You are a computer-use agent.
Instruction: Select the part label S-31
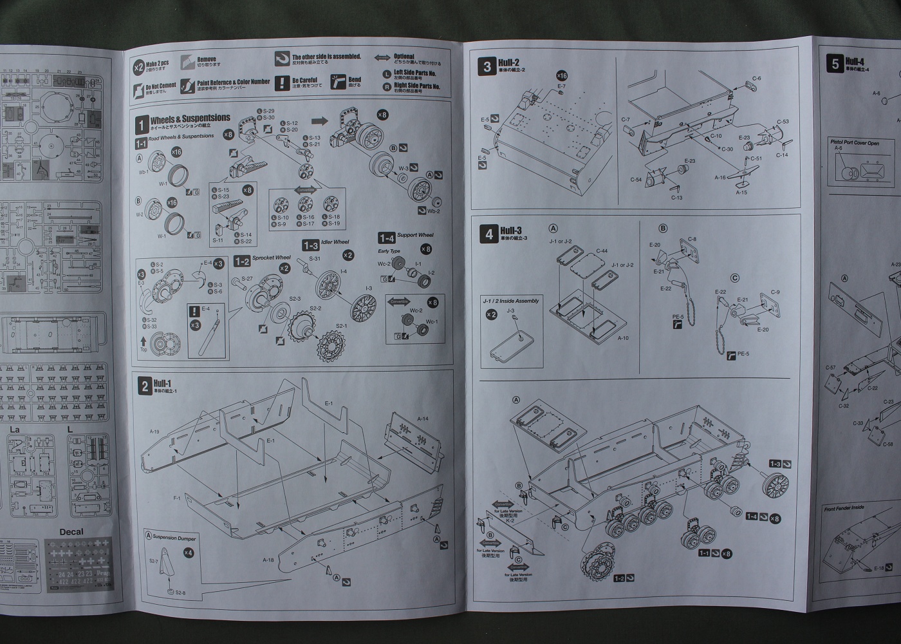pyautogui.click(x=315, y=258)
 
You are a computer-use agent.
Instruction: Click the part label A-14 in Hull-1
pyautogui.click(x=422, y=419)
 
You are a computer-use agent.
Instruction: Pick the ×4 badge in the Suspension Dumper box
pyautogui.click(x=188, y=552)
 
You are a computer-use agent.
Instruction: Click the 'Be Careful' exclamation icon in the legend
pyautogui.click(x=282, y=82)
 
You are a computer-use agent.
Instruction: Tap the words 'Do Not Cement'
pyautogui.click(x=161, y=86)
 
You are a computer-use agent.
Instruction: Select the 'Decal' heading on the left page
pyautogui.click(x=71, y=532)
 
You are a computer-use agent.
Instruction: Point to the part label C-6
pyautogui.click(x=756, y=79)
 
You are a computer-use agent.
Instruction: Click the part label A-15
pyautogui.click(x=741, y=192)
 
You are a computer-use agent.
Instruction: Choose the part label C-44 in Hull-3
pyautogui.click(x=602, y=251)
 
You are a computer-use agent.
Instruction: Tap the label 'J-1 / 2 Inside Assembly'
pyautogui.click(x=510, y=301)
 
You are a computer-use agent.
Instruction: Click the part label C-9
pyautogui.click(x=775, y=292)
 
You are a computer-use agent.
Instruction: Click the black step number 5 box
pyautogui.click(x=835, y=63)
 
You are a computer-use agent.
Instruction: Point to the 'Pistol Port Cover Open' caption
pyautogui.click(x=854, y=143)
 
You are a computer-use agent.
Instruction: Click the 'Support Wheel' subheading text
pyautogui.click(x=415, y=236)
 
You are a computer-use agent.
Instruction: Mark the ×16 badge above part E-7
pyautogui.click(x=561, y=76)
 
